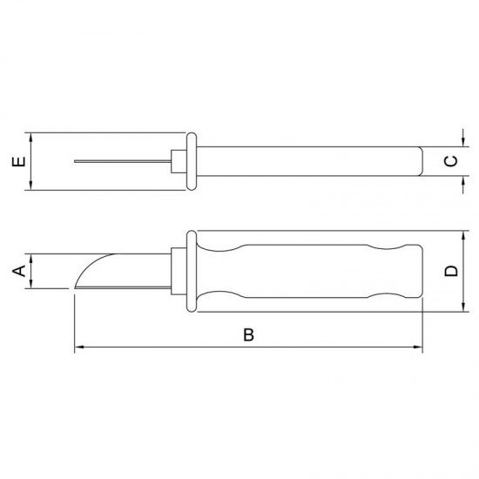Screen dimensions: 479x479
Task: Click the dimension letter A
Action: pos(17,272)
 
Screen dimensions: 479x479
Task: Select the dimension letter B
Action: pos(248,335)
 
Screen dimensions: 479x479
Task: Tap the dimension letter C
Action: pos(450,162)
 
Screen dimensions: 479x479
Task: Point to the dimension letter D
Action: pos(450,271)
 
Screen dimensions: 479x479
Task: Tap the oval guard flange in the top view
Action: pos(192,162)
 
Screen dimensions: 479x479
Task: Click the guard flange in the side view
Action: pos(192,271)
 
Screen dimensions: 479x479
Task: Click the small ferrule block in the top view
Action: pos(178,162)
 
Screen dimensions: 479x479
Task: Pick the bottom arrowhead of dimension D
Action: pos(460,307)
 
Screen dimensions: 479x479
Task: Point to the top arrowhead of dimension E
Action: pos(31,137)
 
